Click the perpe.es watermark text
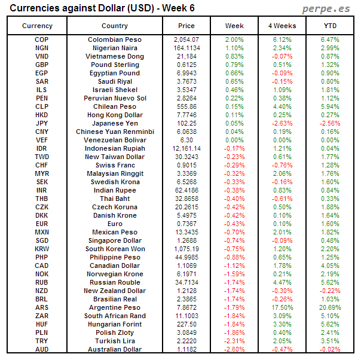click(326, 8)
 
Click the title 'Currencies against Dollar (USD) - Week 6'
click(102, 8)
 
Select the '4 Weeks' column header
click(282, 26)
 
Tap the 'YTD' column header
click(329, 26)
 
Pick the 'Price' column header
click(186, 26)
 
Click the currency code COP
click(42, 39)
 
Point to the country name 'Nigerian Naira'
click(115, 48)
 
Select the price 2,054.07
click(186, 39)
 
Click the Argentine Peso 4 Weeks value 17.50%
click(282, 307)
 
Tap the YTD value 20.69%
click(329, 307)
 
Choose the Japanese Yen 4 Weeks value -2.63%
click(282, 123)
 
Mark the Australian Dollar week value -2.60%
click(234, 349)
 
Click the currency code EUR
click(42, 224)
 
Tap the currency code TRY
click(42, 341)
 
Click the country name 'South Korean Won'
click(115, 249)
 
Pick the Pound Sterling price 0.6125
click(186, 65)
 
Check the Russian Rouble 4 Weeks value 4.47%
click(282, 282)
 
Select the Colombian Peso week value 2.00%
click(234, 39)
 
